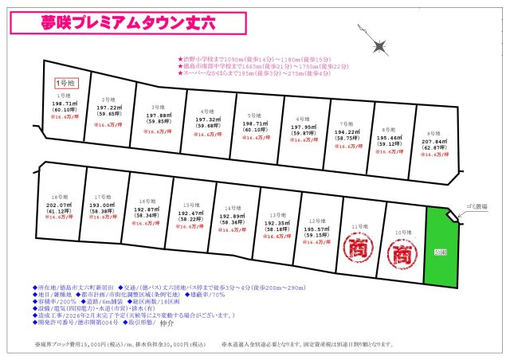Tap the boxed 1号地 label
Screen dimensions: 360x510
click(x=64, y=83)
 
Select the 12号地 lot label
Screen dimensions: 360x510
click(x=316, y=221)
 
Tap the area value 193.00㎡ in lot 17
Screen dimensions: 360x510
click(x=101, y=205)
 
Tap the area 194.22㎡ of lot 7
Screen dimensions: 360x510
click(x=346, y=131)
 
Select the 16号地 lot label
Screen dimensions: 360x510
click(x=146, y=201)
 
